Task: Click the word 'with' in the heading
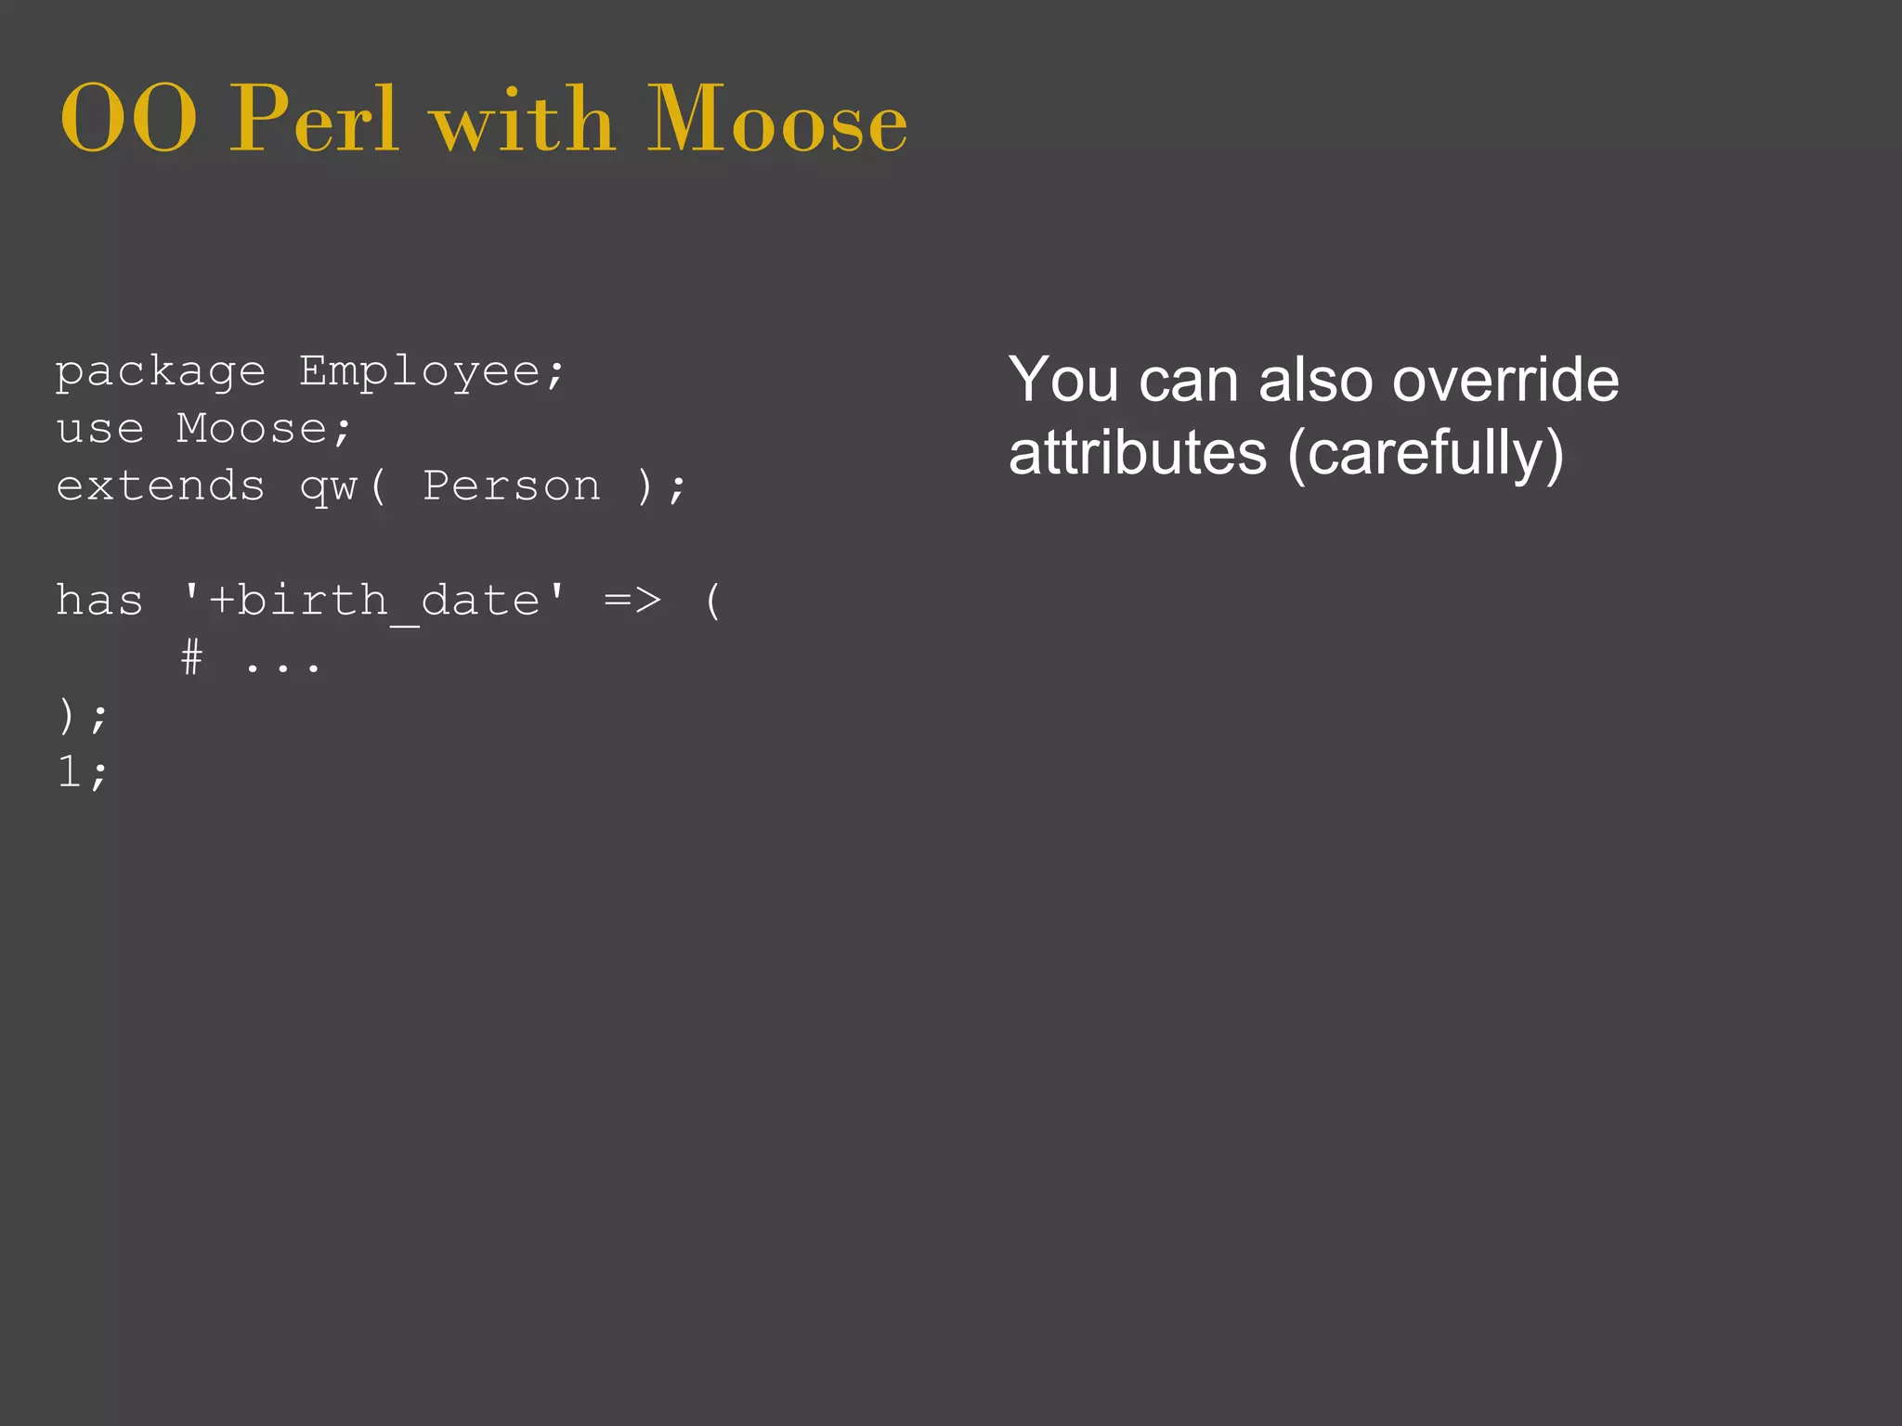pos(523,121)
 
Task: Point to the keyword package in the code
pos(161,373)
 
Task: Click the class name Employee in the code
pos(420,373)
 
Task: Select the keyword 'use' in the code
pos(100,429)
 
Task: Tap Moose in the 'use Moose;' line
pos(253,429)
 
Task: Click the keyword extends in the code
pos(161,486)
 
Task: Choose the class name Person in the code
pos(512,486)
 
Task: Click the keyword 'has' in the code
pos(100,600)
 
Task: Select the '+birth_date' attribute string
pos(373,601)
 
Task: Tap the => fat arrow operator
pos(632,601)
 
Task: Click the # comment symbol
pos(191,658)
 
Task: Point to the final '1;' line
pos(82,771)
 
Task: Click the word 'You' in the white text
pos(1063,380)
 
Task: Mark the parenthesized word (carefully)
pos(1426,454)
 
